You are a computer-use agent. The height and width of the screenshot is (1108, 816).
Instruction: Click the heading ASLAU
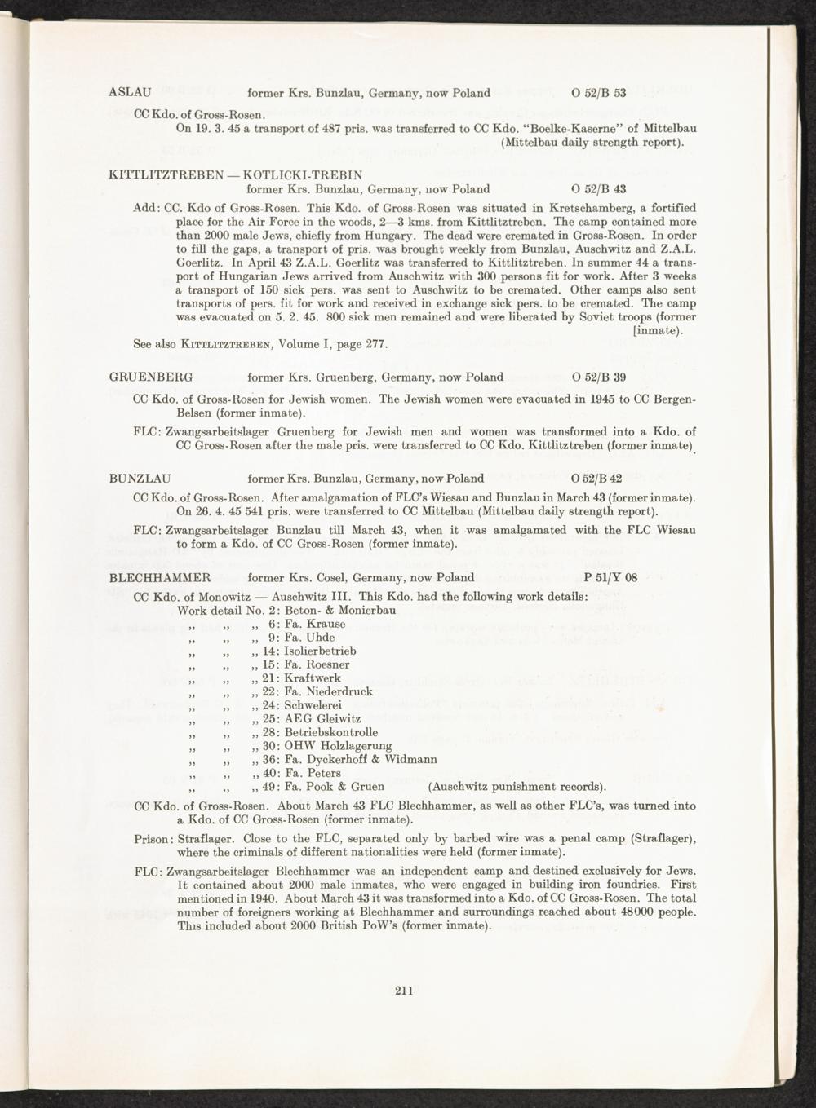pos(127,93)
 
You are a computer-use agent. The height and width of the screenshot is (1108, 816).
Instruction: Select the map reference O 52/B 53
pos(599,93)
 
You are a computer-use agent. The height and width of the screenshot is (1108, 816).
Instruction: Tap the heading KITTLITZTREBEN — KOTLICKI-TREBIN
pos(236,174)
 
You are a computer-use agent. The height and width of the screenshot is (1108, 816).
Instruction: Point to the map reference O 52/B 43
pos(599,189)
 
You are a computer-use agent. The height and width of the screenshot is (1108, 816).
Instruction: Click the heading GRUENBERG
pos(150,377)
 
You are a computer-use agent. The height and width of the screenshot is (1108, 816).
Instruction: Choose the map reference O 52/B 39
pos(599,377)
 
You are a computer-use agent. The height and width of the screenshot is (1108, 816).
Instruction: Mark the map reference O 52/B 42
pos(599,479)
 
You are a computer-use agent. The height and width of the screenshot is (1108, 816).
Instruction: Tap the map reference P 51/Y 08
pos(611,578)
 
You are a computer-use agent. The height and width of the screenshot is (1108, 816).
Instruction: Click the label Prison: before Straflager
pos(153,840)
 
